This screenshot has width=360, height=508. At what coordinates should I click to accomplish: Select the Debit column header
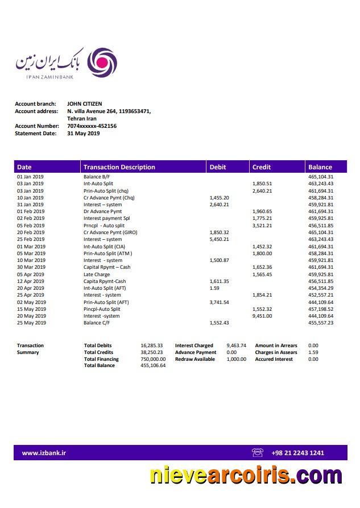[218, 167]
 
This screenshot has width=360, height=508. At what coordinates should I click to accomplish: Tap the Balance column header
[320, 167]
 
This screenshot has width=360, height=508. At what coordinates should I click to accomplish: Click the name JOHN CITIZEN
[85, 104]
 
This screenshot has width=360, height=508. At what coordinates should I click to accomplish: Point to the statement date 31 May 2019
[83, 134]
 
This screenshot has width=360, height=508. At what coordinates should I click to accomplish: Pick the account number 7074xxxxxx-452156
[92, 126]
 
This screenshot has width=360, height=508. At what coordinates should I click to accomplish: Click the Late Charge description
[97, 274]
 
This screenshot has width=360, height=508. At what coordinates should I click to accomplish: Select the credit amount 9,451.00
[262, 316]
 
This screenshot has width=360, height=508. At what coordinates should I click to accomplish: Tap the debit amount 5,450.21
[220, 239]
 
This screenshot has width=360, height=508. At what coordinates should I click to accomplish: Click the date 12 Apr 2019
[30, 281]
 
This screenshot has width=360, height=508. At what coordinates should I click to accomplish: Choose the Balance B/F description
[97, 177]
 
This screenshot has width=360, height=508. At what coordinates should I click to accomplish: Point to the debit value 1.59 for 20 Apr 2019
[214, 288]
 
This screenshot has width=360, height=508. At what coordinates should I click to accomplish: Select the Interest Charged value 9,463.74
[236, 345]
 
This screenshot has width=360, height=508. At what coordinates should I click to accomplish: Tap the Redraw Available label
[195, 359]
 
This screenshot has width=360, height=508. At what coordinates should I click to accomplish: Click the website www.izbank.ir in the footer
[44, 453]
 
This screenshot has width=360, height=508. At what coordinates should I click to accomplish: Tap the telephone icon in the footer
[258, 453]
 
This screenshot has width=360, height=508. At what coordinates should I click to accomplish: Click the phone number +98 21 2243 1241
[297, 453]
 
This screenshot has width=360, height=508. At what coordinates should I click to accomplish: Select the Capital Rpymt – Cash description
[107, 267]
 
